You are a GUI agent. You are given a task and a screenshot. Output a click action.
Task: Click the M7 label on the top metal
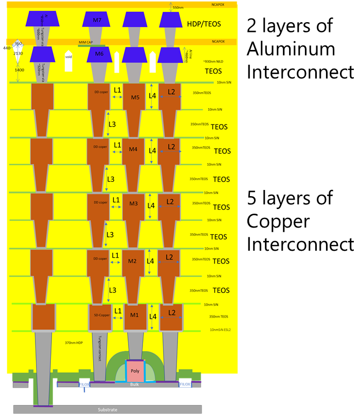click(97, 20)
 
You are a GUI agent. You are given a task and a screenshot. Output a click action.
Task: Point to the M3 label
click(133, 203)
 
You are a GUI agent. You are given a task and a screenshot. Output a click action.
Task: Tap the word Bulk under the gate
click(134, 384)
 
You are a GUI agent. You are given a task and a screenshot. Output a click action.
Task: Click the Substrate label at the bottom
click(107, 410)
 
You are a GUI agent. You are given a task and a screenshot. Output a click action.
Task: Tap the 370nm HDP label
click(73, 342)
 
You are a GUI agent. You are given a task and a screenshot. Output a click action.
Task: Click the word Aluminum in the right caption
click(291, 49)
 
